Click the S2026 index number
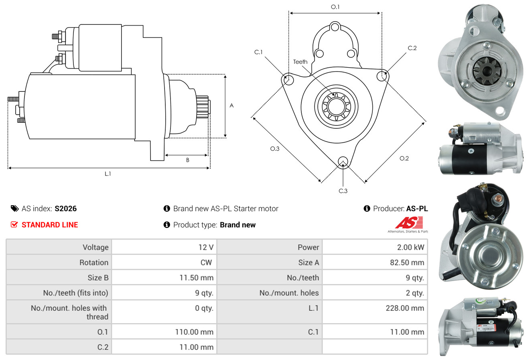65,208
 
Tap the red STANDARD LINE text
50,225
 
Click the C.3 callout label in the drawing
343,191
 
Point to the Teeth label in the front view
300,62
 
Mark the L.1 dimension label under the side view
108,174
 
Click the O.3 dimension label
274,149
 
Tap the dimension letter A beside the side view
232,106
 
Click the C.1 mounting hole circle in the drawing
288,80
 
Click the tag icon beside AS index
14,208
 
